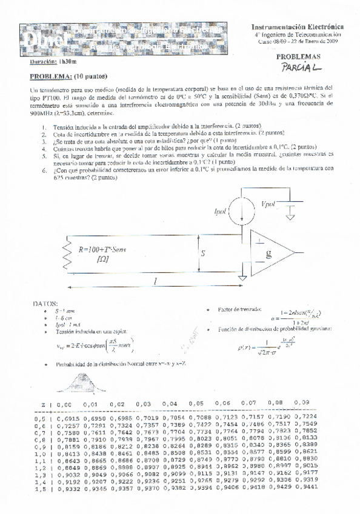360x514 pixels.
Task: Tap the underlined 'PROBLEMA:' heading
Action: tap(52, 77)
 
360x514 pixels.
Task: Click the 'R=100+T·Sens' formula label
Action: tap(103, 249)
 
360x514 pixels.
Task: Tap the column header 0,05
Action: tap(195, 402)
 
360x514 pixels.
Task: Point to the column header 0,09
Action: tap(305, 401)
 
